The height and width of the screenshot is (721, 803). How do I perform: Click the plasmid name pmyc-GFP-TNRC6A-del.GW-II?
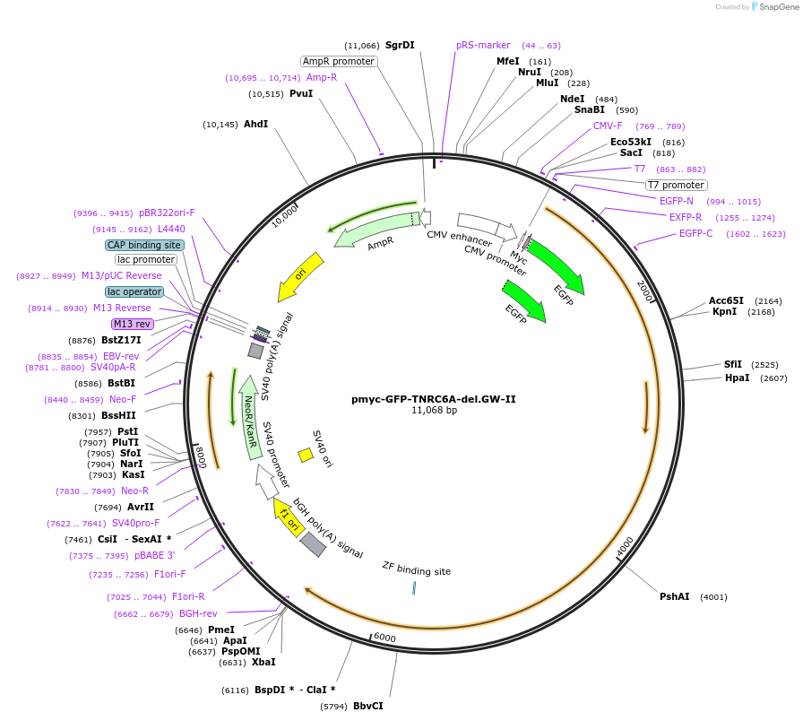[x=434, y=399]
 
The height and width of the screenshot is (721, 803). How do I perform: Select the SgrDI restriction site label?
[x=400, y=45]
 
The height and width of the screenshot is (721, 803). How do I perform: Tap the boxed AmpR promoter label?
[x=339, y=61]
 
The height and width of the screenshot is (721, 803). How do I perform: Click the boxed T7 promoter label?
[x=676, y=185]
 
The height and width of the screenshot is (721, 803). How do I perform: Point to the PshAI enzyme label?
[x=675, y=596]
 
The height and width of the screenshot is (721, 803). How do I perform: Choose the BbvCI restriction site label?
[x=367, y=706]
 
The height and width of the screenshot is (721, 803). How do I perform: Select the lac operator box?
[x=134, y=291]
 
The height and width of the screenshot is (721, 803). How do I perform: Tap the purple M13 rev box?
[x=132, y=324]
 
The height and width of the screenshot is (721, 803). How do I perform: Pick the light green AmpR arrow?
[x=376, y=231]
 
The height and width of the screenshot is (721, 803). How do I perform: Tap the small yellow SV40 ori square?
[x=306, y=455]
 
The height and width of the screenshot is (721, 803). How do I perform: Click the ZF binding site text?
[x=416, y=570]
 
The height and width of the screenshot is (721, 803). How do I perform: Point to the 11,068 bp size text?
[x=434, y=411]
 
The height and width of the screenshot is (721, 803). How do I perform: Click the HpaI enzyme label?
[x=738, y=378]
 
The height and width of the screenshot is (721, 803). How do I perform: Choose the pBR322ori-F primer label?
[x=167, y=213]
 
